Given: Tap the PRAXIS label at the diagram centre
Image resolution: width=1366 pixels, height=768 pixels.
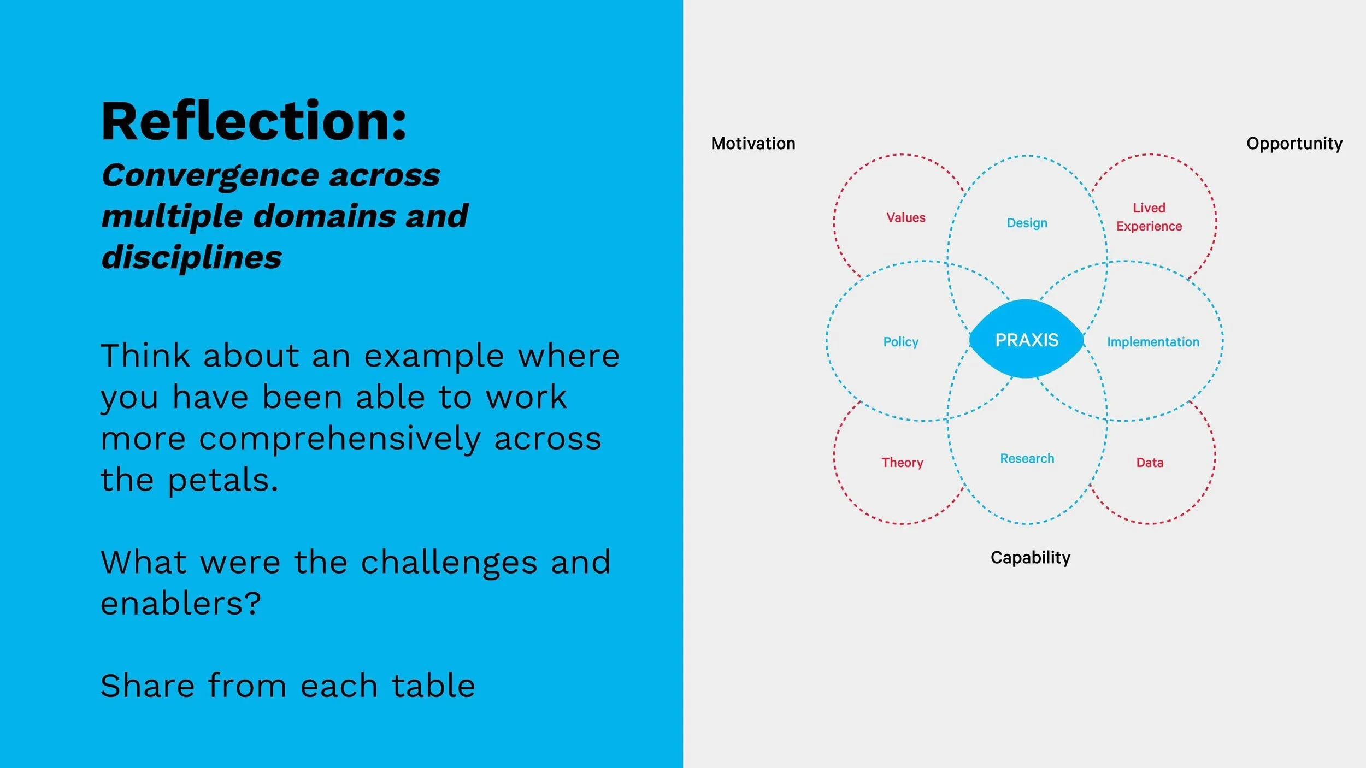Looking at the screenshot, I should pos(1027,340).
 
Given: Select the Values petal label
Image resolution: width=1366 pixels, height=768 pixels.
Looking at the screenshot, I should pos(905,217).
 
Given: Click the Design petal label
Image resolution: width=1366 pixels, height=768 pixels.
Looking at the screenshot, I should pos(1027,223).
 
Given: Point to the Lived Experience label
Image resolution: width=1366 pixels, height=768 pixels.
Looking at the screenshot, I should pos(1149,217).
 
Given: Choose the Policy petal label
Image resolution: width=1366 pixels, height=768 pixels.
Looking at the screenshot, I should pos(900,342).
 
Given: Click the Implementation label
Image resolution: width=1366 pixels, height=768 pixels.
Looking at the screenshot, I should pos(1153,342).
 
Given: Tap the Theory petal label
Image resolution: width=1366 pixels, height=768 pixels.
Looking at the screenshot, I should pos(902,463).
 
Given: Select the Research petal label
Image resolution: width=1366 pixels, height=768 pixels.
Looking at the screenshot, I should pos(1027,458).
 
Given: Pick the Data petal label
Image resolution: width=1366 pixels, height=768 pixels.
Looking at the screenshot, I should pos(1150,463).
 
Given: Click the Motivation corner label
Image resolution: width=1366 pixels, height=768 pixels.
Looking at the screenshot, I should pos(753,144).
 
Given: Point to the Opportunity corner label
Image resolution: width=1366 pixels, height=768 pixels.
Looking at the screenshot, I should pos(1294,144).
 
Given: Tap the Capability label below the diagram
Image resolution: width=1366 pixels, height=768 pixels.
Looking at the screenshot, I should pos(1030,558).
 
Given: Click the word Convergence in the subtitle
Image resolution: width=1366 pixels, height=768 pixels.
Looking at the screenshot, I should pos(210,176).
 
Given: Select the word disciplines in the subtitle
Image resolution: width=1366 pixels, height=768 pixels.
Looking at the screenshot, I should pos(192,257).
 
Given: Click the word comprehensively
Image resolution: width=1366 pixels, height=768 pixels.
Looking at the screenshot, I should pos(339,439).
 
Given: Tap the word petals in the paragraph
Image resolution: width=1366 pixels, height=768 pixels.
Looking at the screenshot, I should pos(222,481).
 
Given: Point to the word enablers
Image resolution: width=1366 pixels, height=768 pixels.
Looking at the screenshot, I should pos(181,604).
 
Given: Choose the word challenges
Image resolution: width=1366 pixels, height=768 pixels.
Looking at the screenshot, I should pos(449,563).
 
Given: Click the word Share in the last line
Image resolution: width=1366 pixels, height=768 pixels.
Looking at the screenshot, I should pos(148,686).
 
